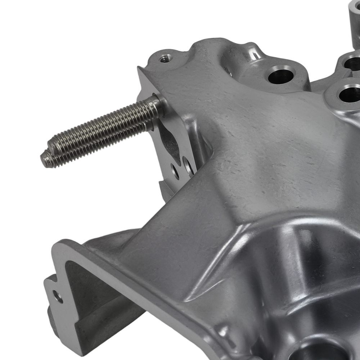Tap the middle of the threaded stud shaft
101,132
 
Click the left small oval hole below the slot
175,172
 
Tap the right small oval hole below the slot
188,166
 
